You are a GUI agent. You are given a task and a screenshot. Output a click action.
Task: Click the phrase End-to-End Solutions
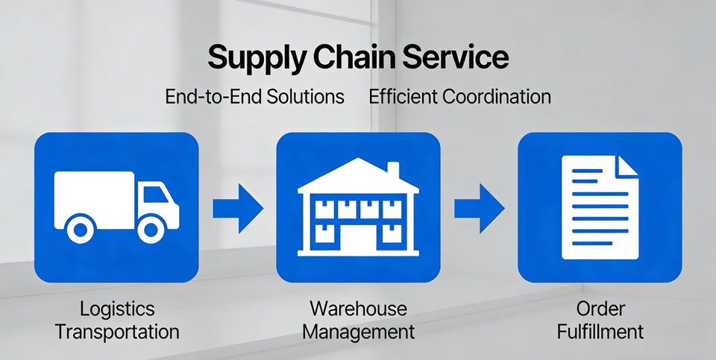pos(255,96)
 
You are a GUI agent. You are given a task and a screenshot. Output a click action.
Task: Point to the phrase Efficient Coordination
pos(460,96)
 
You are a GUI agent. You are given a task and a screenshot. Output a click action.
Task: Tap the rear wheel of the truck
pos(81,229)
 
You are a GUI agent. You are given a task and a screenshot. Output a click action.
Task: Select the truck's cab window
pos(156,195)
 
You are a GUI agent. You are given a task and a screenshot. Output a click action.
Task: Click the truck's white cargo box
pos(95,200)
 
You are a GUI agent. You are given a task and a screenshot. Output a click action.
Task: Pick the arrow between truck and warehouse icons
pos(238,209)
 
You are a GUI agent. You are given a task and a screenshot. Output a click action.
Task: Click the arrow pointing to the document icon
pos(479,209)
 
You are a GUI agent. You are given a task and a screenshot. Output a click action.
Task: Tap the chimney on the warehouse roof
pos(393,170)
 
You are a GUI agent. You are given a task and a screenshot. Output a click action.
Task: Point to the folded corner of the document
pos(626,166)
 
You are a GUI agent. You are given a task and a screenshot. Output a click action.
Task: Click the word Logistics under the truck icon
pos(117,309)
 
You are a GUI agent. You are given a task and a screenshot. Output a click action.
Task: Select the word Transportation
pos(117,332)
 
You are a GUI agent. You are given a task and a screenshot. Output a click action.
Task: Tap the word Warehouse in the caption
pos(359,309)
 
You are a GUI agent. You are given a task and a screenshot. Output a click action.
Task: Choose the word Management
pos(359,332)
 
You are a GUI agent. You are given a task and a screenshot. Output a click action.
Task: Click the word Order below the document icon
pos(600,309)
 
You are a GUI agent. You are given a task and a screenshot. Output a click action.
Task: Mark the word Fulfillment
pos(600,331)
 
